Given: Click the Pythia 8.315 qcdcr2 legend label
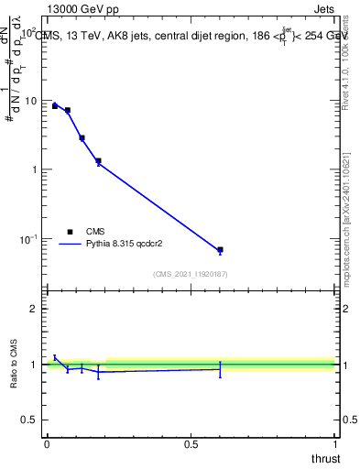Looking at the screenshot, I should pos(125,245).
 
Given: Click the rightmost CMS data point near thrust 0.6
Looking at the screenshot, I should pos(220,249).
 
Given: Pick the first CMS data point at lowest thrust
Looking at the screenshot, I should pos(55,106).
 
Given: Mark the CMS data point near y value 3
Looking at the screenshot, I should pos(82,137).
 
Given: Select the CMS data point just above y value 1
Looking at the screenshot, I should pos(98,161).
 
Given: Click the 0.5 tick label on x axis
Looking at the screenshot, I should pos(191,443).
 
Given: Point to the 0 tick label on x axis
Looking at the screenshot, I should pos(47,443).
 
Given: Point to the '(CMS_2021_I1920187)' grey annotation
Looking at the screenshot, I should pos(190,274).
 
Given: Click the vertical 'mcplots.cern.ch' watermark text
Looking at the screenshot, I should pos(351,220).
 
